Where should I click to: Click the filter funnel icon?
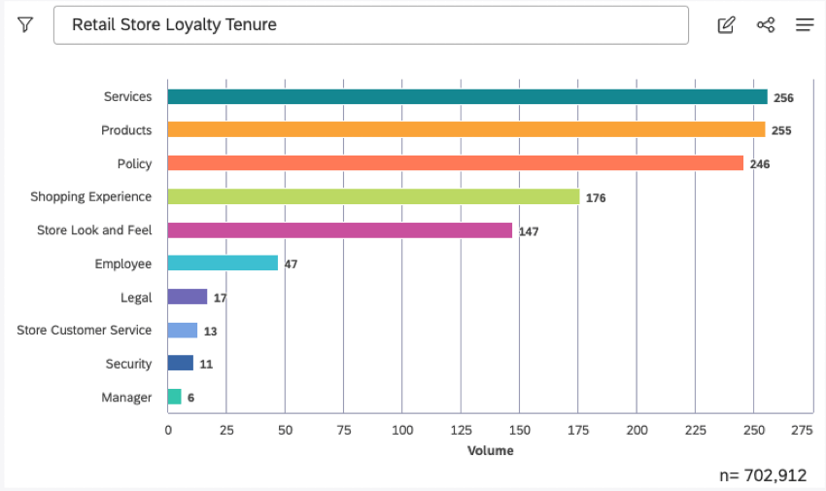(x=25, y=25)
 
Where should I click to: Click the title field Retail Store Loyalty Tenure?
(x=370, y=25)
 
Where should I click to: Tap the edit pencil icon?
(x=726, y=25)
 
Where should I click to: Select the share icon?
(x=766, y=25)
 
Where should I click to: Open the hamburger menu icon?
(x=805, y=25)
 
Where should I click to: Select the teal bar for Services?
(x=466, y=97)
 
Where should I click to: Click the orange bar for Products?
(x=466, y=129)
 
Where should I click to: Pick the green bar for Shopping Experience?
(x=373, y=196)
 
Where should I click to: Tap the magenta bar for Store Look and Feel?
(x=339, y=230)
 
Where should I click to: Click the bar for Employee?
(x=223, y=263)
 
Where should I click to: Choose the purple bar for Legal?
(x=188, y=297)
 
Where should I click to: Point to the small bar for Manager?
(x=174, y=397)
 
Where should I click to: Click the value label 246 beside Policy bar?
(x=759, y=164)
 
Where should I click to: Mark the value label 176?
(x=596, y=197)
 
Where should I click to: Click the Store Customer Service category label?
(x=85, y=331)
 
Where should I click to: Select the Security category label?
(x=128, y=364)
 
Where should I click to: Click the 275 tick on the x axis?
(x=801, y=430)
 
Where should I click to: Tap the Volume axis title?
(x=490, y=450)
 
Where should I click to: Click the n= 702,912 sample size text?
(x=763, y=475)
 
